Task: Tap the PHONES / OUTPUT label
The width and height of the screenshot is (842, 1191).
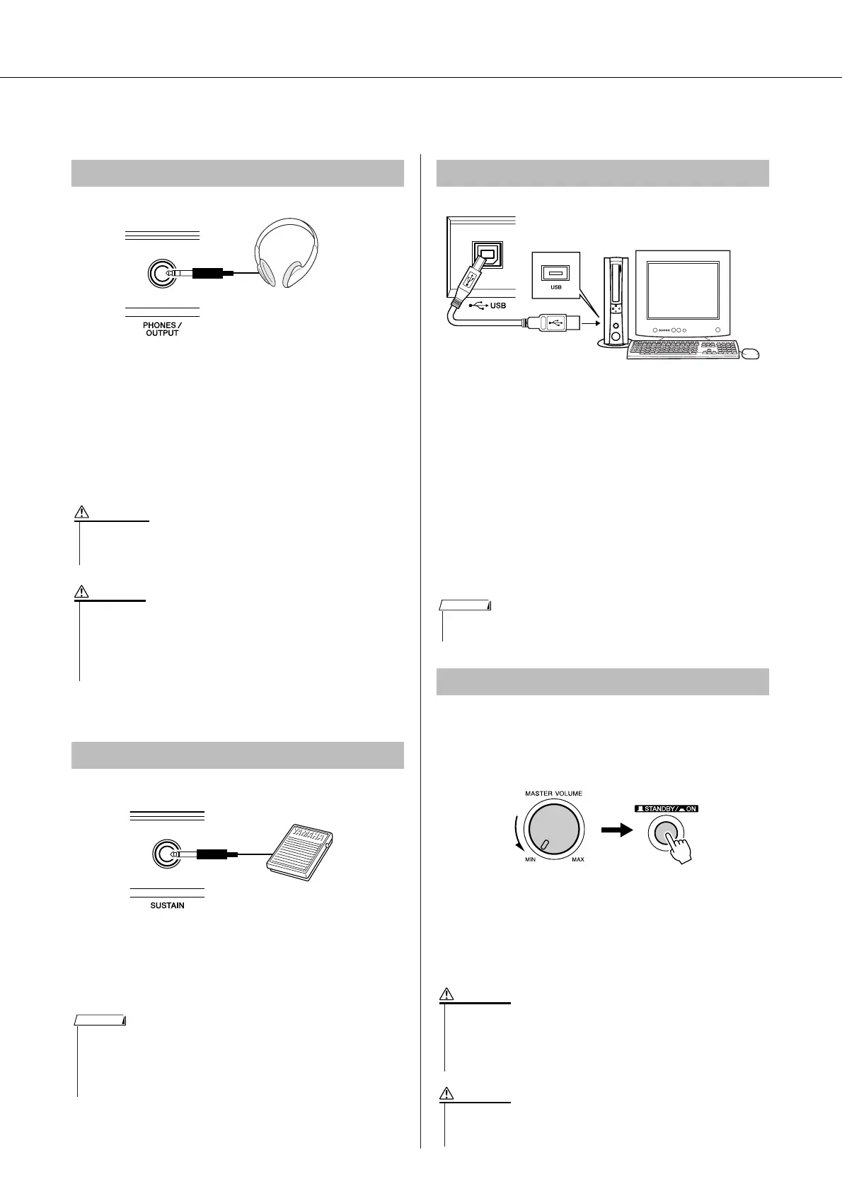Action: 162,329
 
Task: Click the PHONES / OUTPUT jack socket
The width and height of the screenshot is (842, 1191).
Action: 161,274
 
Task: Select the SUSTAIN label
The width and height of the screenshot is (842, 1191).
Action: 167,905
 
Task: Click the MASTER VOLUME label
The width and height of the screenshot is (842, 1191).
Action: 553,794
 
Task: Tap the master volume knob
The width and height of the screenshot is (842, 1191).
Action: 554,828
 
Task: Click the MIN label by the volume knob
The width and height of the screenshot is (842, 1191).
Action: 530,859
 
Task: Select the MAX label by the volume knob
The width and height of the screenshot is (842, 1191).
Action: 578,859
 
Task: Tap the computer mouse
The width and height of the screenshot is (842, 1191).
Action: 751,354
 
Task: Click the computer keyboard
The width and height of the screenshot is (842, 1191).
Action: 683,349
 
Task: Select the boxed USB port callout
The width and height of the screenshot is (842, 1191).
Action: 556,274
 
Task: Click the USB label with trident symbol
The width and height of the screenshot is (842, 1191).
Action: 488,306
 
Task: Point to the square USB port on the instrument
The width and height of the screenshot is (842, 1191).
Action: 488,255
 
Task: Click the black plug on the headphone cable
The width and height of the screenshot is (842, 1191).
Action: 207,273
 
